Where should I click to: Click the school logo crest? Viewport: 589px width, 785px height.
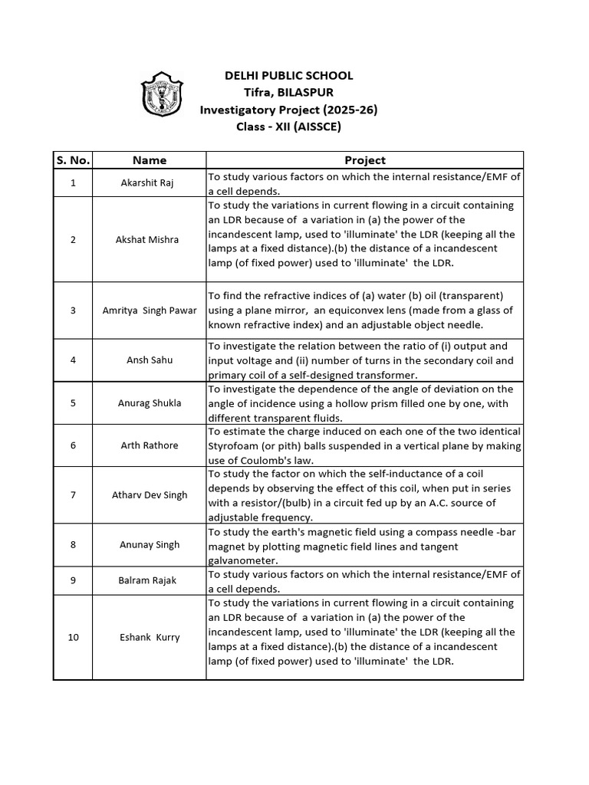pyautogui.click(x=163, y=96)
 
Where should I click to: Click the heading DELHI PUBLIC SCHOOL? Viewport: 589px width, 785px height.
pyautogui.click(x=288, y=75)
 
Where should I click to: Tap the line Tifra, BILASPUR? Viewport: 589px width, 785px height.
pyautogui.click(x=288, y=92)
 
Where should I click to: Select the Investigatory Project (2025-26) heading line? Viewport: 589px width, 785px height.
pyautogui.click(x=288, y=110)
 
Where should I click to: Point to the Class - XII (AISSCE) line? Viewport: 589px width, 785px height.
pyautogui.click(x=288, y=126)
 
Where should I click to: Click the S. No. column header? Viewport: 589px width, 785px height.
pyautogui.click(x=73, y=160)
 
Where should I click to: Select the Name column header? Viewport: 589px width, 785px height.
pyautogui.click(x=149, y=160)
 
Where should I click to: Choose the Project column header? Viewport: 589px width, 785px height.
pyautogui.click(x=364, y=160)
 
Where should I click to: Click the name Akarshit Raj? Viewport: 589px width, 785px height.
pyautogui.click(x=148, y=184)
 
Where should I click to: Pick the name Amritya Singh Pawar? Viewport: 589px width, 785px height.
pyautogui.click(x=150, y=310)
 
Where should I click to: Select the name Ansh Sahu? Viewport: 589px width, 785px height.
pyautogui.click(x=149, y=360)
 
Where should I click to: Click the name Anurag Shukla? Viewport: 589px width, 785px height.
pyautogui.click(x=150, y=402)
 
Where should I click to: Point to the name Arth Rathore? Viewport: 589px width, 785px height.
pyautogui.click(x=150, y=445)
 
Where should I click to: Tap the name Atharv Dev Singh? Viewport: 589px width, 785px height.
pyautogui.click(x=150, y=495)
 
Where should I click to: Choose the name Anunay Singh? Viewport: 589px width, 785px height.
pyautogui.click(x=150, y=544)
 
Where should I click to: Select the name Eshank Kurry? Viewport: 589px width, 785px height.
pyautogui.click(x=150, y=637)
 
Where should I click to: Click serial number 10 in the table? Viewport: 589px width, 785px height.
pyautogui.click(x=73, y=637)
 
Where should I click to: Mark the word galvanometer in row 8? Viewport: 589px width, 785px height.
pyautogui.click(x=242, y=560)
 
